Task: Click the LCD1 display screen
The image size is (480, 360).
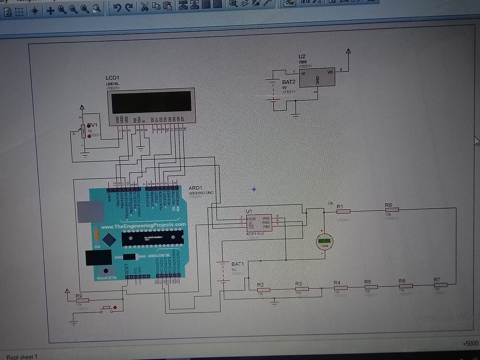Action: tap(151, 102)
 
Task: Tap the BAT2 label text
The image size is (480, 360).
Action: tap(289, 82)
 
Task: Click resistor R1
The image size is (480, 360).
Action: tap(343, 211)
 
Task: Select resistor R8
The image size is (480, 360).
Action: tap(392, 210)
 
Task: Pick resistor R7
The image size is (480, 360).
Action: tap(440, 285)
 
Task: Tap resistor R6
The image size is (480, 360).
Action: tap(406, 286)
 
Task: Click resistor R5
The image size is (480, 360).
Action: tap(371, 287)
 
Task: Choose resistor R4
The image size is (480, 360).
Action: tap(340, 287)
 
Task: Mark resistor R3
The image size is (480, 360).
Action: tap(302, 288)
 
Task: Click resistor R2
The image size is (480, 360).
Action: tap(263, 289)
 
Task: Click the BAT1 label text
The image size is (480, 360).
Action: tap(238, 264)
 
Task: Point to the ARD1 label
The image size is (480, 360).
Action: tap(195, 187)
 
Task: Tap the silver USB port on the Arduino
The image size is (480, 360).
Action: tap(90, 211)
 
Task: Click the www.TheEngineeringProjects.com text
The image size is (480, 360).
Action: tap(143, 225)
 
